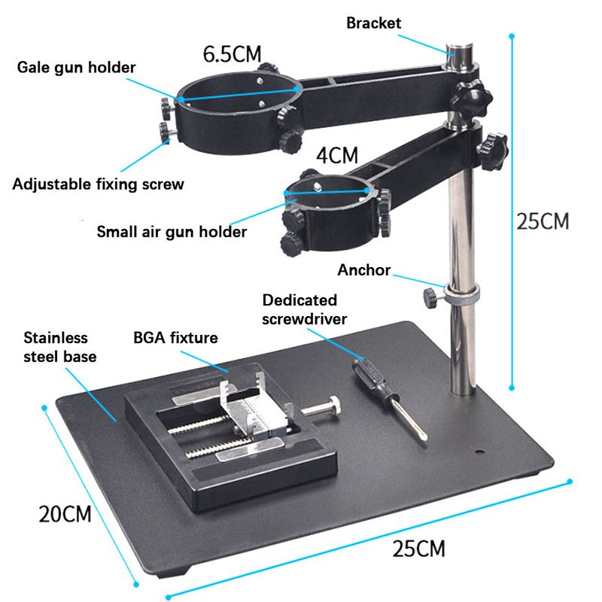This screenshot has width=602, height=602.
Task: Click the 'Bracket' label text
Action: pyautogui.click(x=373, y=23)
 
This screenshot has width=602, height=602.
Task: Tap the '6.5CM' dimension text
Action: pyautogui.click(x=233, y=54)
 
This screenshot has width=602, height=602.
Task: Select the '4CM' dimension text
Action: pyautogui.click(x=337, y=156)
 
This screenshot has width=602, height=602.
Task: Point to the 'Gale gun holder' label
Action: pyautogui.click(x=77, y=68)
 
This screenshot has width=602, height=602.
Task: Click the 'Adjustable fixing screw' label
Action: pyautogui.click(x=99, y=184)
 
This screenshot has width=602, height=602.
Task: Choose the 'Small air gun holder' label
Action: pyautogui.click(x=172, y=232)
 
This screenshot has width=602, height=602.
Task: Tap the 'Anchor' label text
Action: pyautogui.click(x=364, y=270)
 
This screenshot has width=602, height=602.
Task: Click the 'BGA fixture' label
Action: pyautogui.click(x=175, y=338)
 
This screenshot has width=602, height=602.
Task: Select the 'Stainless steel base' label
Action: pyautogui.click(x=60, y=347)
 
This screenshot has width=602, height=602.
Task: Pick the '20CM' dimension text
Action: pyautogui.click(x=65, y=514)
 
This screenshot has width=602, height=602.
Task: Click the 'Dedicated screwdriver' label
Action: pyautogui.click(x=305, y=309)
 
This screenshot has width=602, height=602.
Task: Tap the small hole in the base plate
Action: pyautogui.click(x=479, y=451)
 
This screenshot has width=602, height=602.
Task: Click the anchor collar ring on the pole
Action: pyautogui.click(x=461, y=294)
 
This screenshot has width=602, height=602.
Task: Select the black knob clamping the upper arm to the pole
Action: pyautogui.click(x=472, y=99)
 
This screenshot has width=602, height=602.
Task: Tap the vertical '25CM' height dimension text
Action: pyautogui.click(x=543, y=221)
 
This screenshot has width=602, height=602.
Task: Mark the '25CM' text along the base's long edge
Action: pyautogui.click(x=419, y=549)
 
